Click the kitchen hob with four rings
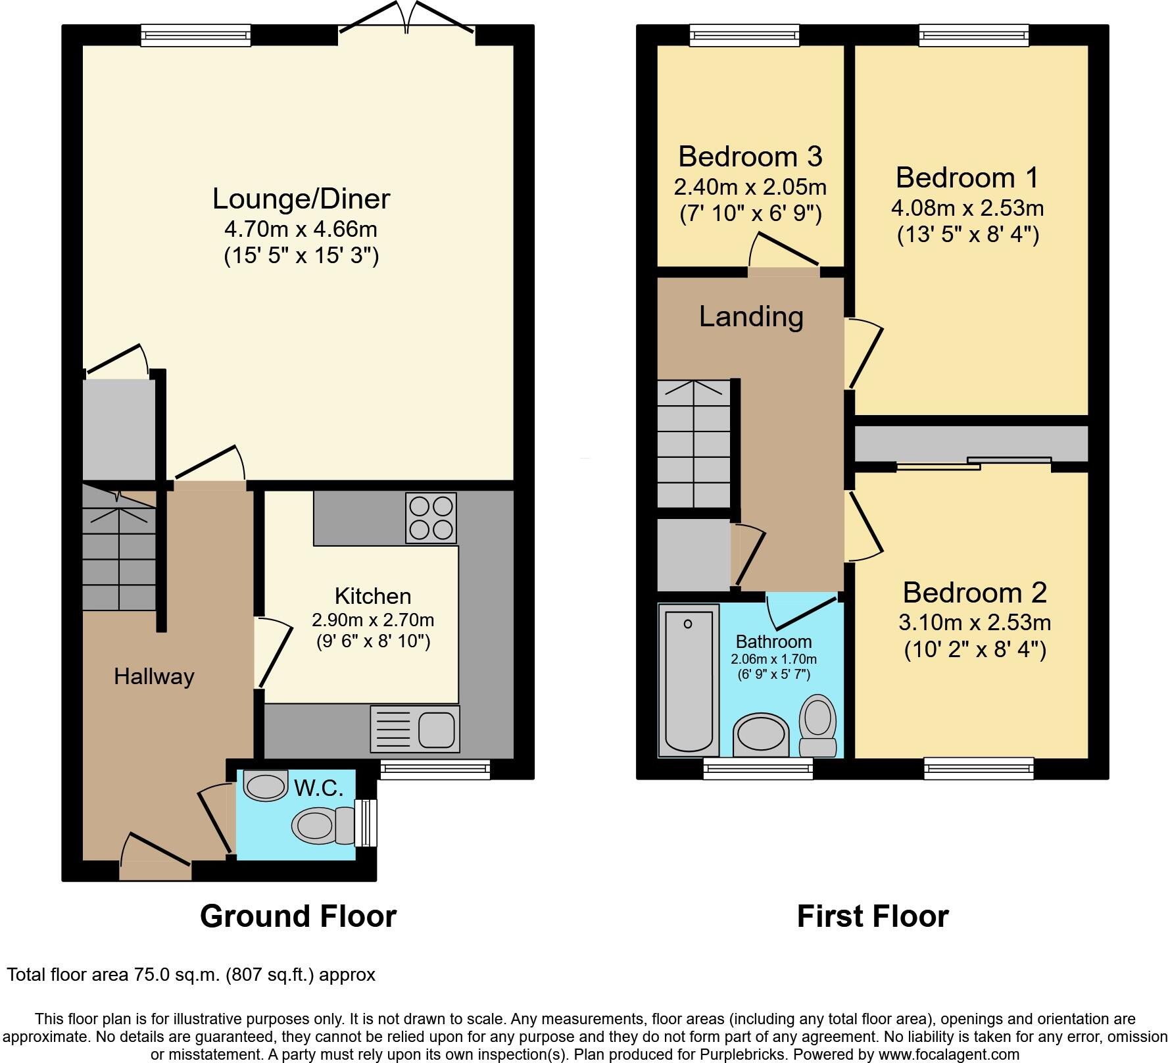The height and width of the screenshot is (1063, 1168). pyautogui.click(x=431, y=518)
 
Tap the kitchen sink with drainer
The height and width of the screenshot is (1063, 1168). pyautogui.click(x=415, y=729)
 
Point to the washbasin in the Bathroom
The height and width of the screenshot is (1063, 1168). pyautogui.click(x=760, y=735)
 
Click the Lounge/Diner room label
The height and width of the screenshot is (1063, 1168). pyautogui.click(x=301, y=199)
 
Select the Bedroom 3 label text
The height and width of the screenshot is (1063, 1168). pyautogui.click(x=750, y=157)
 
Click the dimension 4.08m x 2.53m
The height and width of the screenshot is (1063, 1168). pyautogui.click(x=967, y=209)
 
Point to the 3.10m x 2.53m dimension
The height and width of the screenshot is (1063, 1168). pyautogui.click(x=975, y=622)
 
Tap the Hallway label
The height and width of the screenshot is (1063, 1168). pyautogui.click(x=154, y=676)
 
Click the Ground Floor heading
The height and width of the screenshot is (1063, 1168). pyautogui.click(x=298, y=916)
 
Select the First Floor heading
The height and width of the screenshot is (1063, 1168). pyautogui.click(x=872, y=916)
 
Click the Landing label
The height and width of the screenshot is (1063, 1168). pyautogui.click(x=750, y=317)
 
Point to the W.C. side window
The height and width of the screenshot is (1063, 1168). pyautogui.click(x=366, y=822)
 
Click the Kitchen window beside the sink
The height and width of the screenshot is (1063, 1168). pyautogui.click(x=435, y=770)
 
